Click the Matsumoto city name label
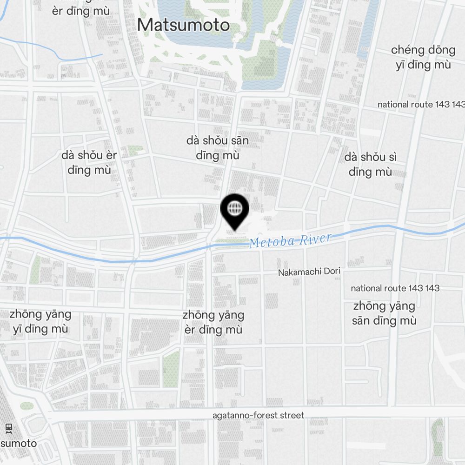point(183,25)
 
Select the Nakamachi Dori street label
point(309,272)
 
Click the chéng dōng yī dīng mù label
point(423,57)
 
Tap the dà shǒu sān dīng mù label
point(217,148)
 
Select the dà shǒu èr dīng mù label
point(89,162)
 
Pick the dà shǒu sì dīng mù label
point(370,164)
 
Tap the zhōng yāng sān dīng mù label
point(384,313)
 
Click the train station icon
point(8,428)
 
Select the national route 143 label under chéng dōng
point(421,104)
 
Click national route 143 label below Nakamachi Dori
point(395,288)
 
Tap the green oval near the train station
point(27,405)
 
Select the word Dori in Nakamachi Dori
point(331,271)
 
